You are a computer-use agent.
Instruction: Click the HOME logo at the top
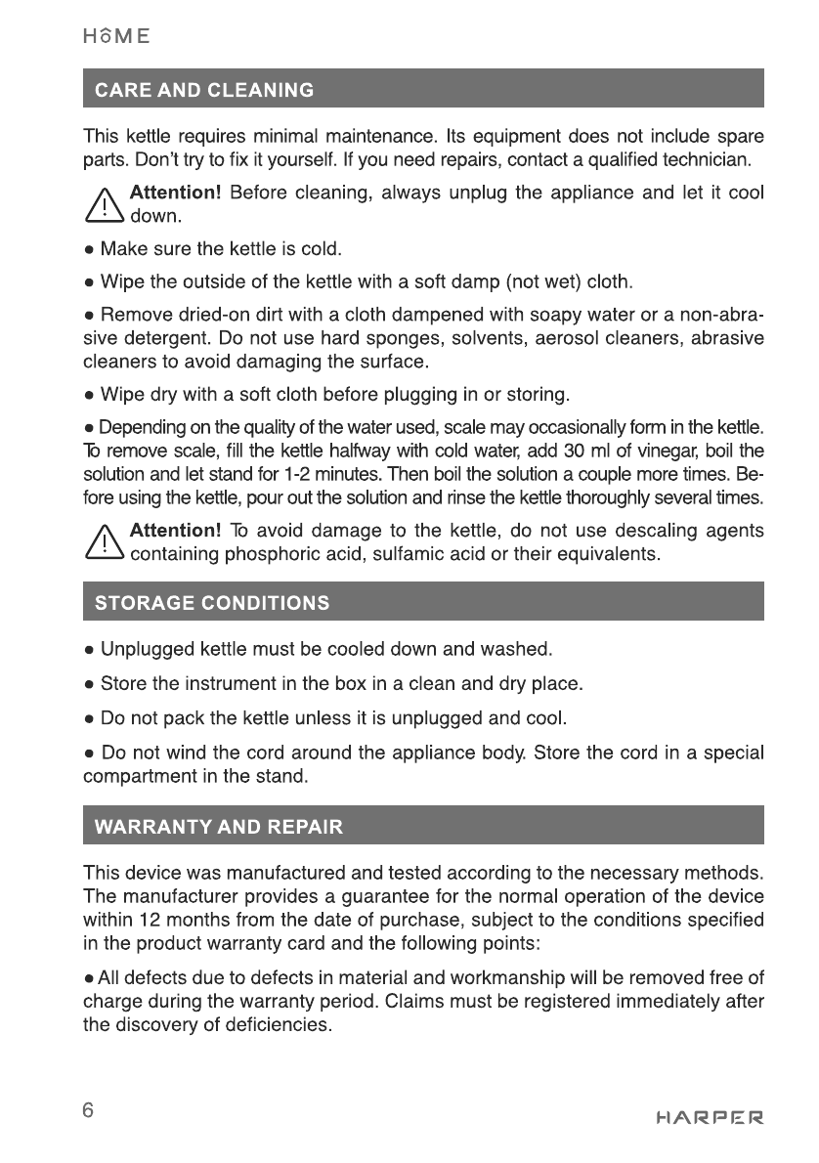116,36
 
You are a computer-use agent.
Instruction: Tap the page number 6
89,1110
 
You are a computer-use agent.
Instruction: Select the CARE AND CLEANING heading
204,91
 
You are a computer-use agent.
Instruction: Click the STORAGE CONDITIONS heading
211,602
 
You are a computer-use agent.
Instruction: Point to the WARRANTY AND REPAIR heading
218,827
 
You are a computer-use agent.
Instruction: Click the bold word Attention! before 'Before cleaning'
176,192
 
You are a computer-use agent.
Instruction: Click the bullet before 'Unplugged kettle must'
89,648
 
